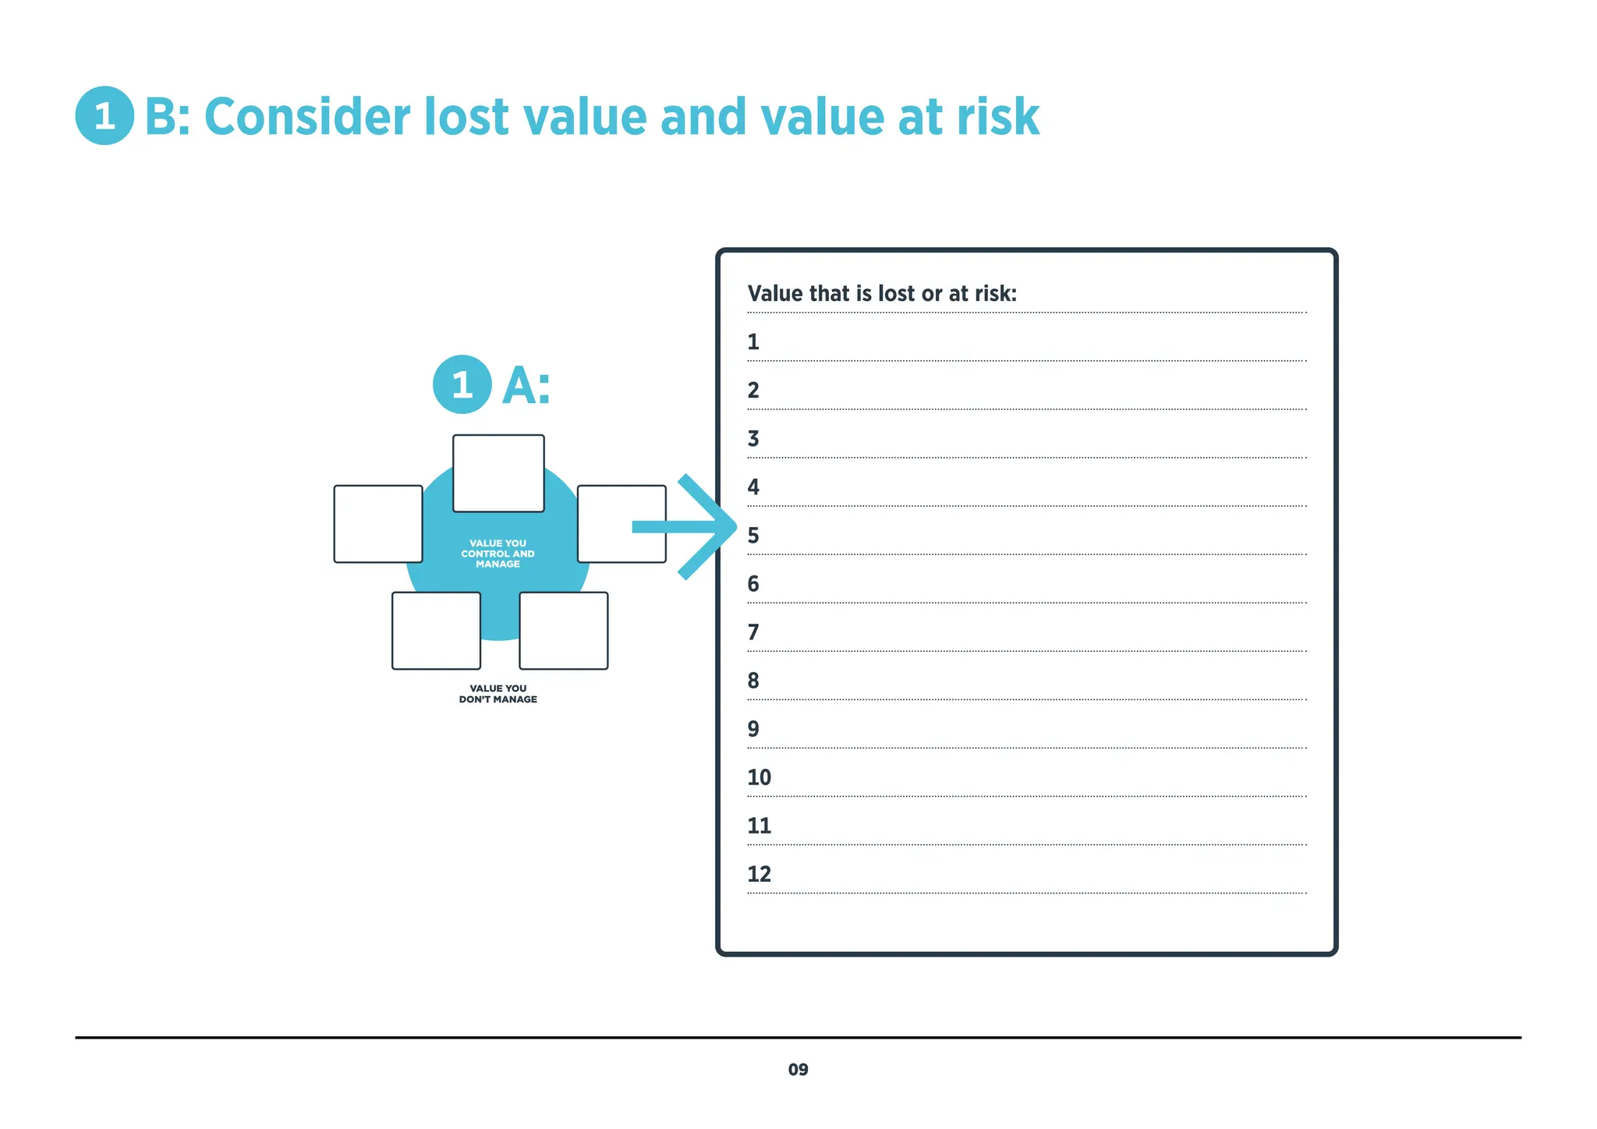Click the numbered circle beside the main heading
tap(104, 116)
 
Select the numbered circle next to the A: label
tap(462, 384)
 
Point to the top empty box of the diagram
tap(498, 473)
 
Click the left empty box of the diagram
tap(378, 524)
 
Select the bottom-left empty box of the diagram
tap(436, 631)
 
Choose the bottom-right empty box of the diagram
tap(564, 631)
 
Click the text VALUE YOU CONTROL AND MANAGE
tap(498, 554)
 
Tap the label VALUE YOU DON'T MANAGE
tap(498, 694)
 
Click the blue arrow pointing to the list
tap(686, 527)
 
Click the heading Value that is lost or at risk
tap(882, 294)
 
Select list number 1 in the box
tap(753, 342)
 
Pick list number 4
tap(753, 487)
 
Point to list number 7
tap(753, 632)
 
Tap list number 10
tap(759, 777)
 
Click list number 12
tap(759, 874)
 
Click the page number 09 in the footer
tap(798, 1070)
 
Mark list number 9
tap(753, 729)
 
